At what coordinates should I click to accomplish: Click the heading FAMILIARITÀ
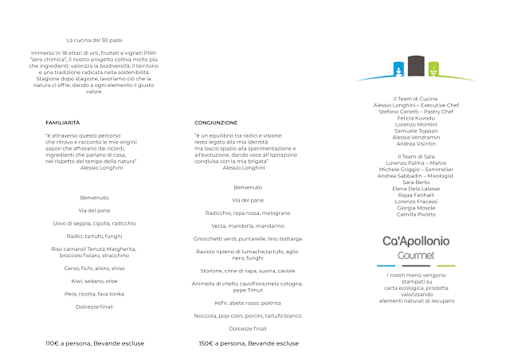pyautogui.click(x=63, y=123)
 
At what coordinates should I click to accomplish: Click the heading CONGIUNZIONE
pyautogui.click(x=216, y=123)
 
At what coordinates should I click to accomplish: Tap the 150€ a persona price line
pyautogui.click(x=247, y=343)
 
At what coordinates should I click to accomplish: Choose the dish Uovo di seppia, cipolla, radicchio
pyautogui.click(x=94, y=223)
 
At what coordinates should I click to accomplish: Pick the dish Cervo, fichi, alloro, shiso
pyautogui.click(x=94, y=268)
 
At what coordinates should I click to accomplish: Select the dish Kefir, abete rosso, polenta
pyautogui.click(x=248, y=303)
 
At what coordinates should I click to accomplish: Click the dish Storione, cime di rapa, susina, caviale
pyautogui.click(x=248, y=271)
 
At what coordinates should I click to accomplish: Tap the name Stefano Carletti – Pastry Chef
pyautogui.click(x=416, y=112)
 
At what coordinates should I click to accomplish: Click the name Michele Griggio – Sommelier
pyautogui.click(x=416, y=169)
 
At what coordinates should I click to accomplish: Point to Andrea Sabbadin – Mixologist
pyautogui.click(x=416, y=175)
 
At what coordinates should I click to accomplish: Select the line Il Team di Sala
pyautogui.click(x=416, y=156)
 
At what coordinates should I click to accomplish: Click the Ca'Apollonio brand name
pyautogui.click(x=416, y=241)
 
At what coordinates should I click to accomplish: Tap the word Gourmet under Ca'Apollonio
pyautogui.click(x=416, y=255)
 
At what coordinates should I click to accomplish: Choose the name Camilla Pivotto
pyautogui.click(x=416, y=213)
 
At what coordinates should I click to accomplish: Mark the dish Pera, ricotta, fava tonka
pyautogui.click(x=94, y=294)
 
